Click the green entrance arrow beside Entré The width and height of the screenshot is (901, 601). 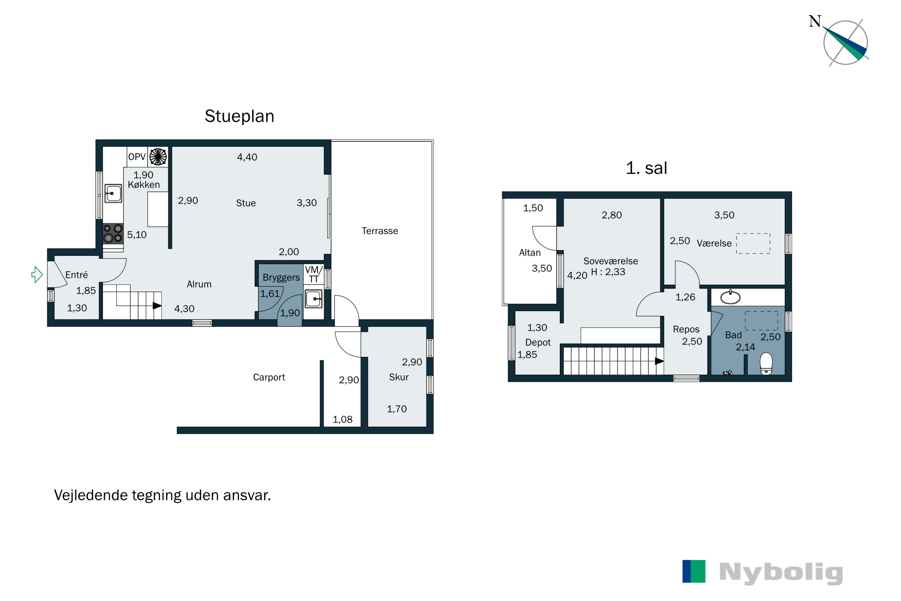pyautogui.click(x=37, y=274)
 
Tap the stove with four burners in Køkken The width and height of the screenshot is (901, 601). pyautogui.click(x=113, y=233)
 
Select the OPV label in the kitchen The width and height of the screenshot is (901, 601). pyautogui.click(x=137, y=157)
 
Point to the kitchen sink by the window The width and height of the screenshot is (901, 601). pyautogui.click(x=113, y=194)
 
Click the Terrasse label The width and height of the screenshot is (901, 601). pyautogui.click(x=380, y=231)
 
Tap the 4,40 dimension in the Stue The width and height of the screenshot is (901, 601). pyautogui.click(x=247, y=157)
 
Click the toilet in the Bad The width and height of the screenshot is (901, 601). pyautogui.click(x=766, y=363)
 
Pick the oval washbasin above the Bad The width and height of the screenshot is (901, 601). pyautogui.click(x=730, y=297)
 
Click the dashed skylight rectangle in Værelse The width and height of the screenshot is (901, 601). pyautogui.click(x=753, y=243)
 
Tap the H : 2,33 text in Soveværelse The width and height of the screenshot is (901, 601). pyautogui.click(x=608, y=272)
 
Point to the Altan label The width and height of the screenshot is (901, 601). pyautogui.click(x=530, y=253)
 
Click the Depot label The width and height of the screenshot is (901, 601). pyautogui.click(x=538, y=342)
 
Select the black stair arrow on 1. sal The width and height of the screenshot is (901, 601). pyautogui.click(x=659, y=361)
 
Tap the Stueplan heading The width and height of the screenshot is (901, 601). pyautogui.click(x=239, y=116)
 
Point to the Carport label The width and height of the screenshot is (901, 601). pyautogui.click(x=269, y=377)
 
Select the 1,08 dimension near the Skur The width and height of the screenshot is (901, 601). pyautogui.click(x=342, y=419)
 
